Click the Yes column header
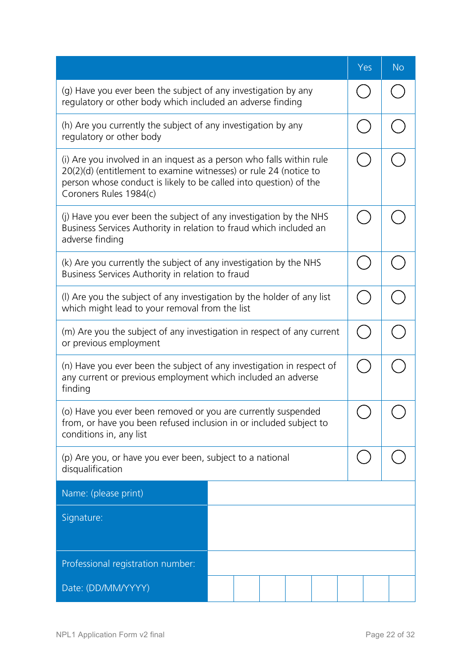pyautogui.click(x=364, y=67)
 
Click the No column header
pyautogui.click(x=398, y=67)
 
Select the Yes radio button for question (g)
pyautogui.click(x=363, y=91)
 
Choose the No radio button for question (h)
pyautogui.click(x=398, y=126)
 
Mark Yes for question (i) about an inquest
pyautogui.click(x=364, y=160)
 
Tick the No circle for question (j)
pyautogui.click(x=398, y=217)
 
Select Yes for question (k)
pyautogui.click(x=364, y=263)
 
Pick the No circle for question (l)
pyautogui.click(x=398, y=297)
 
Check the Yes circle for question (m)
pyautogui.click(x=364, y=332)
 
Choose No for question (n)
pyautogui.click(x=398, y=366)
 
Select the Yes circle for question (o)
pyautogui.click(x=364, y=412)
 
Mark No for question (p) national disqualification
pyautogui.click(x=398, y=457)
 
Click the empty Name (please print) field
pyautogui.click(x=311, y=493)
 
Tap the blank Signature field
pyautogui.click(x=311, y=528)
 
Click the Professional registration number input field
pyautogui.click(x=311, y=563)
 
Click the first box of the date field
pyautogui.click(x=221, y=589)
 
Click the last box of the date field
pyautogui.click(x=402, y=589)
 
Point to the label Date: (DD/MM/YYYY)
pyautogui.click(x=106, y=588)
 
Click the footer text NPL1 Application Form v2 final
pyautogui.click(x=110, y=635)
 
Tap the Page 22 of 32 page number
pyautogui.click(x=390, y=635)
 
